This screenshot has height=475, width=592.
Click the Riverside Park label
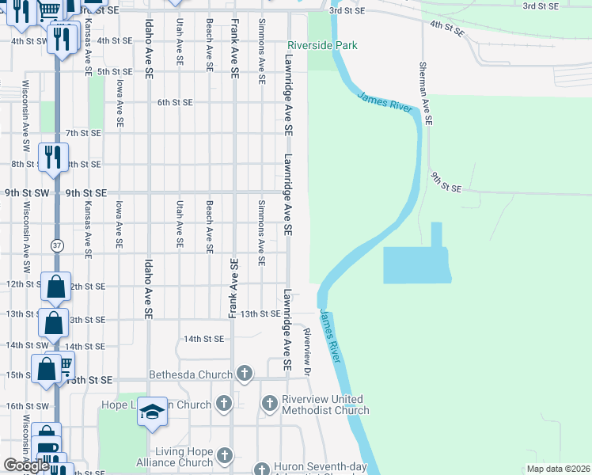coord(322,46)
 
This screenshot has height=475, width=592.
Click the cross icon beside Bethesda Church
coord(245,373)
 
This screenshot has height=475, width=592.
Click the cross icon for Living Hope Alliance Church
coord(226,455)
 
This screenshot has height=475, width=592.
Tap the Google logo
coord(27,465)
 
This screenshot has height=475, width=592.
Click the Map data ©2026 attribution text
coord(558,469)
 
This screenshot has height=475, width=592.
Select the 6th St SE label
coord(175,102)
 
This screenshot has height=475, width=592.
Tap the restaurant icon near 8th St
coord(54,155)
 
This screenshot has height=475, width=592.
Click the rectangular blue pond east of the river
coord(416,264)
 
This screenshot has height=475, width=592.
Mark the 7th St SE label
coord(83,133)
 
